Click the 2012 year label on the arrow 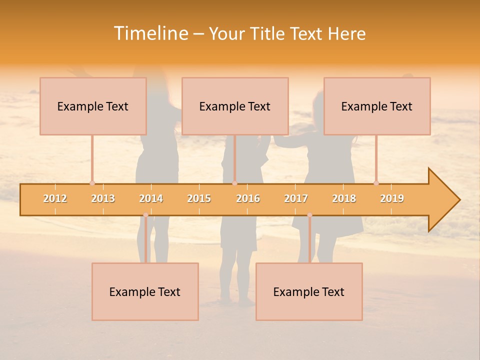pyautogui.click(x=55, y=198)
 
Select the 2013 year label pyautogui.click(x=103, y=198)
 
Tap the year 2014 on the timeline pyautogui.click(x=151, y=198)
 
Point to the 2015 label pyautogui.click(x=199, y=198)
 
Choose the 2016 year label pyautogui.click(x=248, y=198)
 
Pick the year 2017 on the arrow pyautogui.click(x=296, y=198)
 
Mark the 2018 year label pyautogui.click(x=344, y=198)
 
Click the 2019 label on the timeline pyautogui.click(x=392, y=198)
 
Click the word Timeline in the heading pyautogui.click(x=150, y=33)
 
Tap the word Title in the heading pyautogui.click(x=268, y=33)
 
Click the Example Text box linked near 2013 pyautogui.click(x=93, y=106)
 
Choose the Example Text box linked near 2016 pyautogui.click(x=235, y=106)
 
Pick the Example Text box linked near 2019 pyautogui.click(x=377, y=106)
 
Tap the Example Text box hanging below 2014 pyautogui.click(x=145, y=291)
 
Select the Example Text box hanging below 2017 pyautogui.click(x=309, y=291)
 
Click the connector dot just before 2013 pyautogui.click(x=92, y=183)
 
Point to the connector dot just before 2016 pyautogui.click(x=234, y=183)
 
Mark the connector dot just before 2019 pyautogui.click(x=376, y=183)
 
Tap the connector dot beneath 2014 pyautogui.click(x=145, y=215)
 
